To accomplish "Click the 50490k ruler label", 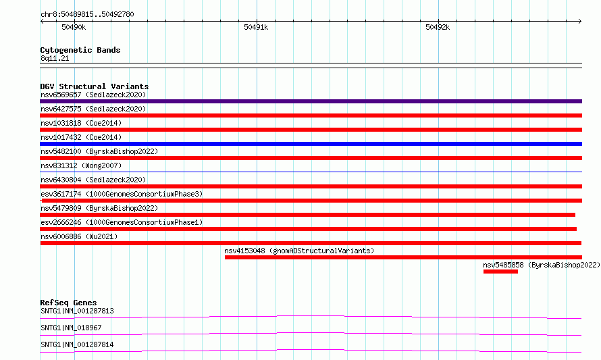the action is [74, 27].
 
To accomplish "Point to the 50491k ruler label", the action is [256, 27].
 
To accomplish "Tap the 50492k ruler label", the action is [438, 27].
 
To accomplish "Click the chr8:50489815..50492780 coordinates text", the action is [87, 14].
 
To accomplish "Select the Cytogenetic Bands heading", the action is [80, 50].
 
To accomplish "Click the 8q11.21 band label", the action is [55, 58].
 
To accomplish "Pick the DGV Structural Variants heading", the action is [95, 86].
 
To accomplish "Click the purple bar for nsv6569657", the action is [311, 101].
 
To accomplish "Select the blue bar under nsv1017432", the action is [311, 144].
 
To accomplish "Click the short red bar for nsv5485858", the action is [500, 272].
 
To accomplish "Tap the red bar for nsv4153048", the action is [403, 257].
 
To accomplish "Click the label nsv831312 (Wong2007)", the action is [81, 165].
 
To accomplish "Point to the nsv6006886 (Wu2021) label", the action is [79, 236].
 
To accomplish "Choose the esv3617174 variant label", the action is [122, 194].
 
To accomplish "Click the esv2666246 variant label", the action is [122, 222].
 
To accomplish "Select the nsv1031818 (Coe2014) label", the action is [81, 123].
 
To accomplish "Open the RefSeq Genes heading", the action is [68, 303].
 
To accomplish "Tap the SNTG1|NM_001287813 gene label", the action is [77, 311].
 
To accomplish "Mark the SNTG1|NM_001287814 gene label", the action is [77, 344].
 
